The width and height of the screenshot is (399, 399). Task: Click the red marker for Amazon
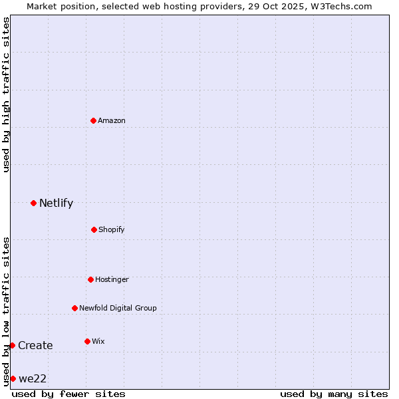click(93, 120)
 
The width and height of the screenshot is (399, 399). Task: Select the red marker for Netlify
click(33, 203)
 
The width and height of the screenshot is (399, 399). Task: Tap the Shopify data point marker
click(94, 229)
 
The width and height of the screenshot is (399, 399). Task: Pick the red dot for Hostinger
click(90, 279)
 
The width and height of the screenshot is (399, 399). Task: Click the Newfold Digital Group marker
click(74, 308)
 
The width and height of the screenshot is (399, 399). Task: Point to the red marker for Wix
click(87, 341)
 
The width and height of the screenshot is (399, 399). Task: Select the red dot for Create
click(12, 345)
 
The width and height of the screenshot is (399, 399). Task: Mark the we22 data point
click(13, 378)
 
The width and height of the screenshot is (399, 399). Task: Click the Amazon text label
click(112, 120)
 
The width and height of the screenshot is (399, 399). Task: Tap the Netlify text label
click(56, 203)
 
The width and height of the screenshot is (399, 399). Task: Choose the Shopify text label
click(112, 229)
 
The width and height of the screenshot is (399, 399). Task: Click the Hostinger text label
click(112, 279)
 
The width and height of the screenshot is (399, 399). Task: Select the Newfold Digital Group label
click(118, 308)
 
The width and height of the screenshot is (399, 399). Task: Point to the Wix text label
click(98, 341)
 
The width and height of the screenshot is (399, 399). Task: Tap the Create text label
click(35, 346)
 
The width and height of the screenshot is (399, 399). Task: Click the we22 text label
click(33, 379)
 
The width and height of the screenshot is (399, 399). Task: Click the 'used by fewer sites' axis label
click(68, 394)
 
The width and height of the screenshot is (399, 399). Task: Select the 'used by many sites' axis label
click(334, 394)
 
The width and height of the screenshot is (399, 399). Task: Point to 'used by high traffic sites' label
click(6, 94)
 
